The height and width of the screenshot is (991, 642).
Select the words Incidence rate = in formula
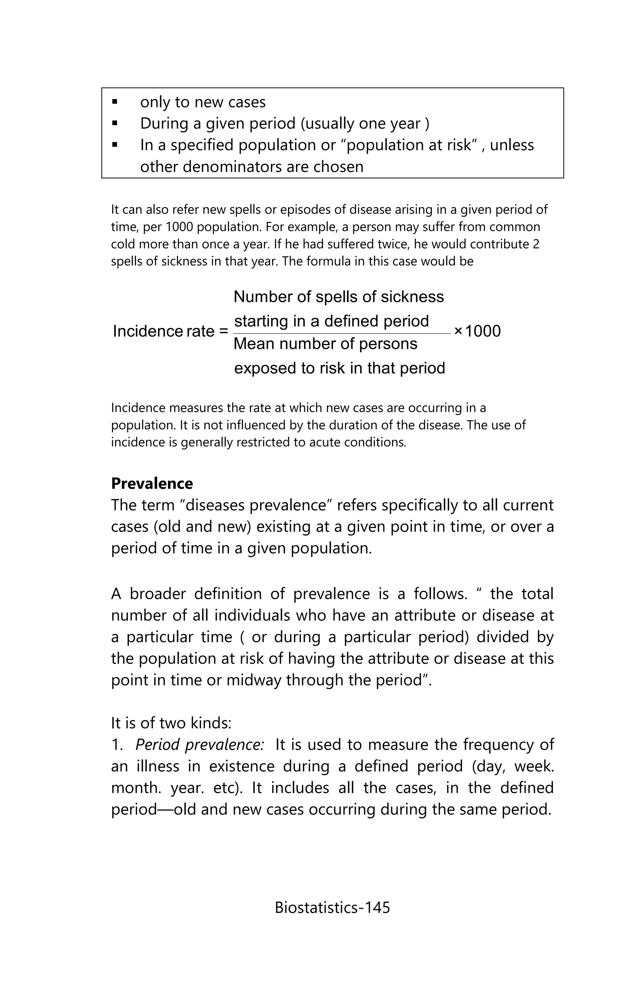click(170, 331)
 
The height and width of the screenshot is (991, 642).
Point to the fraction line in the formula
click(342, 334)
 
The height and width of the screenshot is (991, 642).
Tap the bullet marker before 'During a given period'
click(115, 124)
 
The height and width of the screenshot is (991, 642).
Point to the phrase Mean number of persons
click(325, 344)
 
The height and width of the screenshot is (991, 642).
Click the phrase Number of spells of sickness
click(339, 297)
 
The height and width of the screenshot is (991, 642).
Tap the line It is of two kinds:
click(171, 723)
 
